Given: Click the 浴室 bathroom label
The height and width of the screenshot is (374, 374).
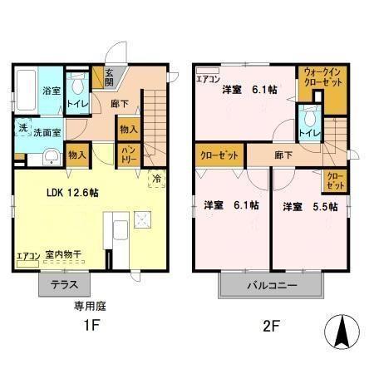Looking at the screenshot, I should [52, 90].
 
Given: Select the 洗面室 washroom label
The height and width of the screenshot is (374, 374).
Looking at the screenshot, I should [48, 131].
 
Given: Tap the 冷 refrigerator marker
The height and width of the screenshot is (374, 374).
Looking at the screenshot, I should [156, 178].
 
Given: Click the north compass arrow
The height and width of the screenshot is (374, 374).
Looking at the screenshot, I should [342, 332].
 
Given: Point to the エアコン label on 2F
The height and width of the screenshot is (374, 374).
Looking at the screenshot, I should [209, 80].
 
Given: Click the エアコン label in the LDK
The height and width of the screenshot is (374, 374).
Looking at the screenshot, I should [27, 256].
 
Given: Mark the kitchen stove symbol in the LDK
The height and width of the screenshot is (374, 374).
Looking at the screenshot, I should [143, 221].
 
